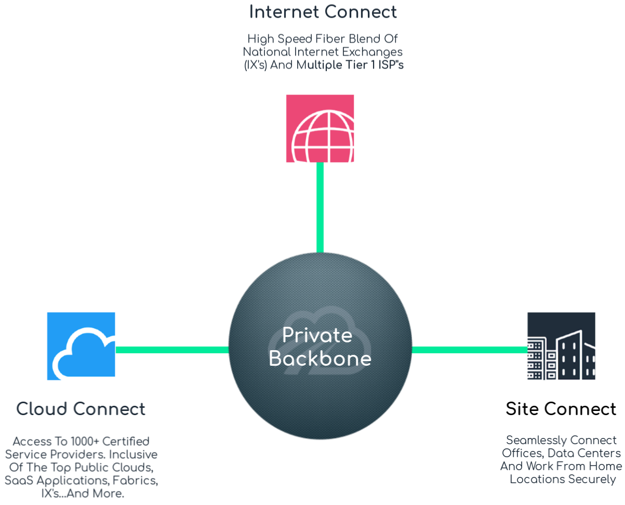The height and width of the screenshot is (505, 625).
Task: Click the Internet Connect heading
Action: click(323, 12)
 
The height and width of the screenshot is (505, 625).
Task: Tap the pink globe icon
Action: click(320, 128)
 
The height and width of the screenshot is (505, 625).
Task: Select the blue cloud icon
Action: click(81, 346)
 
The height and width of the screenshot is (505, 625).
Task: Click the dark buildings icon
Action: click(561, 346)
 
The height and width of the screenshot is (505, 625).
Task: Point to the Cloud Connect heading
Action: click(81, 409)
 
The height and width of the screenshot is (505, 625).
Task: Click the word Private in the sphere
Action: click(317, 335)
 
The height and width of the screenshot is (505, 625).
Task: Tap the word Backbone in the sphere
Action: click(320, 359)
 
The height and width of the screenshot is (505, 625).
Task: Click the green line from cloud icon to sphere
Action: click(171, 350)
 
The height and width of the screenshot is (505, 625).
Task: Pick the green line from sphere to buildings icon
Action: click(469, 350)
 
